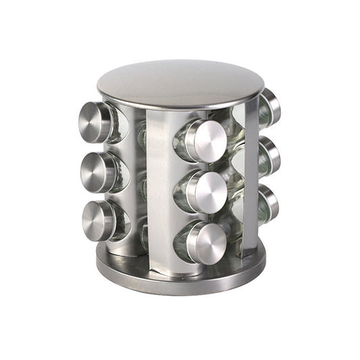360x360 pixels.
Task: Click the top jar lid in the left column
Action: (95, 122)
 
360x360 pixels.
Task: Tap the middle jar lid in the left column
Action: (96, 172)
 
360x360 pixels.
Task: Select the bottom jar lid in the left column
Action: (97, 220)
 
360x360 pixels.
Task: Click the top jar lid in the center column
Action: (205, 140)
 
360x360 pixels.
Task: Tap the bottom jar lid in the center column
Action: (207, 241)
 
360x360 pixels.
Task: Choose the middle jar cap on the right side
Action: (272, 155)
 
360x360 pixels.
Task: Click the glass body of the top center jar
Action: (181, 142)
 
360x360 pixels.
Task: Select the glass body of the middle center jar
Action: (181, 193)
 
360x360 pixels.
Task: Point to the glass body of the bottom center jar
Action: (181, 243)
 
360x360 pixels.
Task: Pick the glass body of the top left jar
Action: (119, 126)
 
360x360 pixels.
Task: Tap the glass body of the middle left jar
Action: (120, 174)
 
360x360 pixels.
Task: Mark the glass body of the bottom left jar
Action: (122, 223)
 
